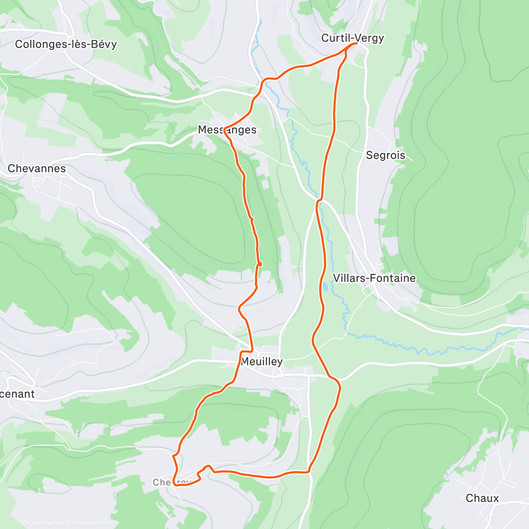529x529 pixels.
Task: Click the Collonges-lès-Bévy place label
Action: (66, 44)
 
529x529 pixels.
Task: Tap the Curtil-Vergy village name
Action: (352, 38)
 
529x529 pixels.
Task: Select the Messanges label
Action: (227, 130)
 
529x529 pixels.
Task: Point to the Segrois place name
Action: (385, 155)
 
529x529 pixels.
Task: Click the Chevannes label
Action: (37, 168)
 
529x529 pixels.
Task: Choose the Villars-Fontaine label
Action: (374, 278)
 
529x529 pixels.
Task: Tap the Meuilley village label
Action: (262, 361)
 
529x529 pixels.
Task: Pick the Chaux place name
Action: (482, 498)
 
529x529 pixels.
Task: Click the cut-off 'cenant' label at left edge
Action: (17, 394)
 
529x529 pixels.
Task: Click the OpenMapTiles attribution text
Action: (43, 523)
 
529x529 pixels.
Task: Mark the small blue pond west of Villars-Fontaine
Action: (325, 287)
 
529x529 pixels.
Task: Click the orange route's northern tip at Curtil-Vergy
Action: (355, 44)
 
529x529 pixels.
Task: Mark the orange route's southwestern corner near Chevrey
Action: (175, 484)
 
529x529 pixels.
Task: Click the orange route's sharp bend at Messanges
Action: (225, 129)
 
